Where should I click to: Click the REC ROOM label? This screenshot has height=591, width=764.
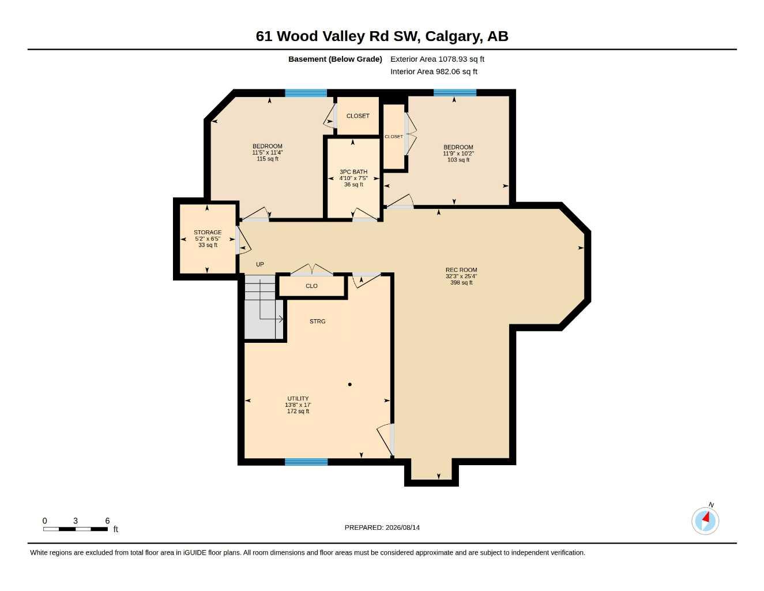click(461, 270)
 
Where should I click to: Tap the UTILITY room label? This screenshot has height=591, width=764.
click(298, 398)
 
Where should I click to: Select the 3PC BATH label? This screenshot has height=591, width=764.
click(353, 171)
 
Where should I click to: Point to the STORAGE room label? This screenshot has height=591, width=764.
click(208, 232)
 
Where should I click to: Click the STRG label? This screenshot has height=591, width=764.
click(317, 321)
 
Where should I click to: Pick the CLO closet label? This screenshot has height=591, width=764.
click(311, 286)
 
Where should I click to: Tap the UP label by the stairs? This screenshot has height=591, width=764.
click(260, 264)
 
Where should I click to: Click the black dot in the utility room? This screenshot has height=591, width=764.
click(350, 384)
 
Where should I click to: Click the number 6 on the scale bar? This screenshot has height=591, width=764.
click(107, 520)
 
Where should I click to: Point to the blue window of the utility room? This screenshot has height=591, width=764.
click(306, 462)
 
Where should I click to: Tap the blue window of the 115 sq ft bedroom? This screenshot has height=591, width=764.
click(306, 93)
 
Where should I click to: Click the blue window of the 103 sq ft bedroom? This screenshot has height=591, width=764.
click(454, 92)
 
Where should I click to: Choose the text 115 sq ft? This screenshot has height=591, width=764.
click(267, 159)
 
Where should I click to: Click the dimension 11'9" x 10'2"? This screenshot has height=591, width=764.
click(458, 154)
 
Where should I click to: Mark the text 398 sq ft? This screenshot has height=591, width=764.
click(461, 282)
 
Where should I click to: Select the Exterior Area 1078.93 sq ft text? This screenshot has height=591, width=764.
click(437, 59)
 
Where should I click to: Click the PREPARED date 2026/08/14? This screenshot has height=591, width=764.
click(402, 528)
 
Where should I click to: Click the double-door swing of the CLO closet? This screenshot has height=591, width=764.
click(311, 269)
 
